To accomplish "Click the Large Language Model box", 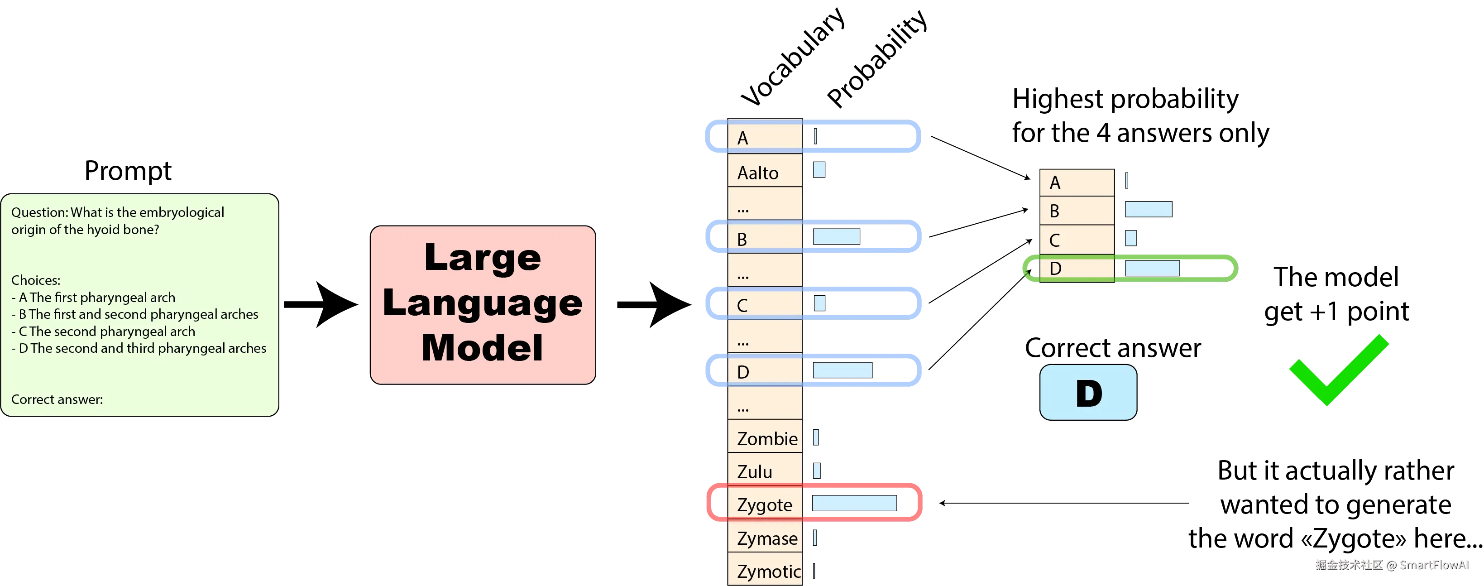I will [483, 304].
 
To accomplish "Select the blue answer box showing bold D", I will [1088, 392].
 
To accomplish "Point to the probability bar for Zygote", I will [854, 503].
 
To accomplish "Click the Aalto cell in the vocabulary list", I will [765, 172].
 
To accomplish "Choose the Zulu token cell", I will [765, 471].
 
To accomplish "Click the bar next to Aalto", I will [818, 169].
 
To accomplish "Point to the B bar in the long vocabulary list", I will [836, 236].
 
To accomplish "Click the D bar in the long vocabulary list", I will [842, 370].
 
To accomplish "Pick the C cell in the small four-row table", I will [1076, 240].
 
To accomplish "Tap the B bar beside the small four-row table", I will [1148, 209].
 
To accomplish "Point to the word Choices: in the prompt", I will [36, 280].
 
